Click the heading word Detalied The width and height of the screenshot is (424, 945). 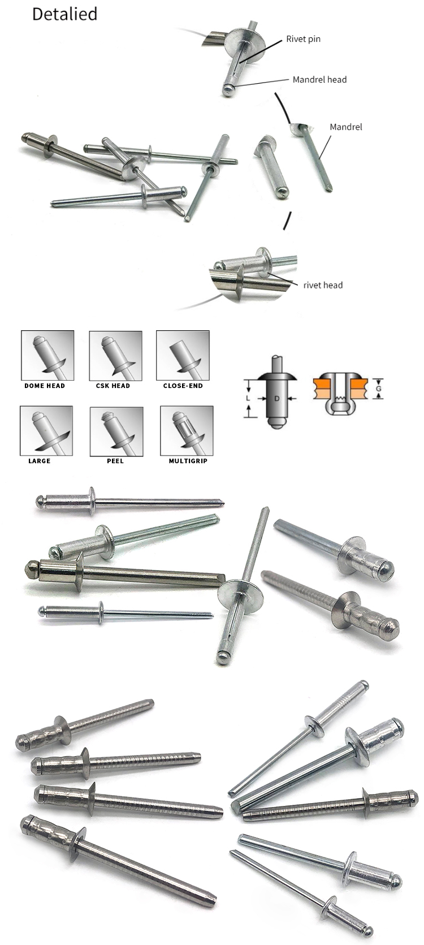(x=64, y=14)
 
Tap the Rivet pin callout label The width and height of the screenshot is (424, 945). (x=303, y=39)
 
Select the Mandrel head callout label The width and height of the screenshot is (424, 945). (x=319, y=80)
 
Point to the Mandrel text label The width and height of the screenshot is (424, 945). (x=345, y=127)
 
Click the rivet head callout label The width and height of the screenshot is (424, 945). (x=323, y=285)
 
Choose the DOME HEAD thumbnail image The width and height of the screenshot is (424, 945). (x=47, y=355)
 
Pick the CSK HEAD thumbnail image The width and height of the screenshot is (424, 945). (x=115, y=355)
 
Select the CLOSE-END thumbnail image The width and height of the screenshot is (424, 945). (x=183, y=355)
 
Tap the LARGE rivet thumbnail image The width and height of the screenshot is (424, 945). (x=46, y=430)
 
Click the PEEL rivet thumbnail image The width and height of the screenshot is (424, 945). (x=115, y=430)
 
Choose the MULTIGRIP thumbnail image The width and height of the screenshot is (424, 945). (x=187, y=430)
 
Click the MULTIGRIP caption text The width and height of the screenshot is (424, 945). (x=188, y=461)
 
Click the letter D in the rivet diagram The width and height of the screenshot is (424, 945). (x=276, y=398)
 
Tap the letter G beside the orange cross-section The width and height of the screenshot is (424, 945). (x=379, y=389)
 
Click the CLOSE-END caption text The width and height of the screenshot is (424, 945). (x=183, y=386)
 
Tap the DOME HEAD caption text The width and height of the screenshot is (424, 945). (x=45, y=386)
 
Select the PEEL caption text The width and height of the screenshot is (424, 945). (x=115, y=461)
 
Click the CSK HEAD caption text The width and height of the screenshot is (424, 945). (x=113, y=386)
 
